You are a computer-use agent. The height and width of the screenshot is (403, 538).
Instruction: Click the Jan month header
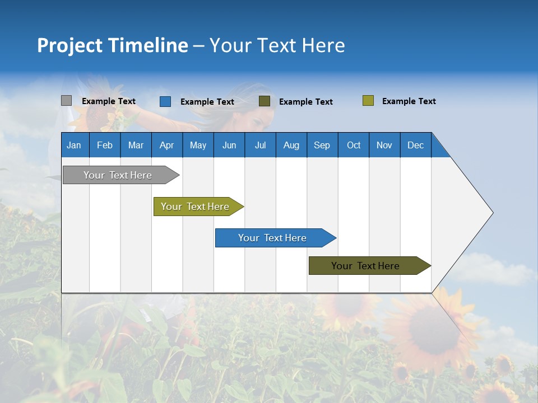(x=75, y=145)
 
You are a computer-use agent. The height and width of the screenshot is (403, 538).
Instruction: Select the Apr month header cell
(x=167, y=145)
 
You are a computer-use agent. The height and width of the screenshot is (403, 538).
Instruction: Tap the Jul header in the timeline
(x=260, y=145)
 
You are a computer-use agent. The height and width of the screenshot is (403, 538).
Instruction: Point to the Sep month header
(x=322, y=145)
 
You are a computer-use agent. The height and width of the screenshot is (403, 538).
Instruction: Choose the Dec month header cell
(x=415, y=145)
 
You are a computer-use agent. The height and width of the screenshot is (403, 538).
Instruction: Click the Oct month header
(x=353, y=145)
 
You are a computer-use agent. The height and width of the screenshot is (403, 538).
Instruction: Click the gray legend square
(x=66, y=101)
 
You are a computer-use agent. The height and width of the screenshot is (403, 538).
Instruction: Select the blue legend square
(x=165, y=101)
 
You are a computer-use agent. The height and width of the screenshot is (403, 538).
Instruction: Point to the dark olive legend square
(x=265, y=101)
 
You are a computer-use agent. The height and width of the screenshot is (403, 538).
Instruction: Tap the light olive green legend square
(x=368, y=101)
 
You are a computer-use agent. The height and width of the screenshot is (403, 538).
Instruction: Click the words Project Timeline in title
(x=112, y=45)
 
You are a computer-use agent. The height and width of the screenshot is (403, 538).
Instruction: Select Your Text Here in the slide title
(x=277, y=45)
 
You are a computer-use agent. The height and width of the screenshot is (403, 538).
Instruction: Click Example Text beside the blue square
(x=207, y=102)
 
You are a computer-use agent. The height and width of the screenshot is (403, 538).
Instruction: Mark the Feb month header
(x=105, y=145)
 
